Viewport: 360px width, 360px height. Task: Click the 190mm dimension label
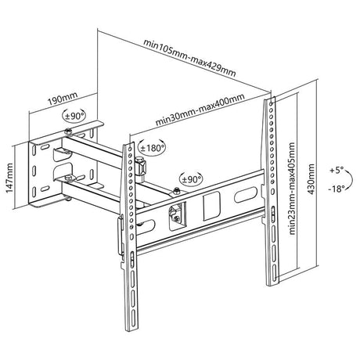point(63,99)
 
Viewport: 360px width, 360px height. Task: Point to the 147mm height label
point(9,178)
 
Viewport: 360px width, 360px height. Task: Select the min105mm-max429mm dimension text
point(189,58)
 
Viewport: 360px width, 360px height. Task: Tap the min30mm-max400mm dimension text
point(200,110)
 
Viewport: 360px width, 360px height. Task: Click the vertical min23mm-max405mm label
point(292,189)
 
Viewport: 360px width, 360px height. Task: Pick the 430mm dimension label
point(311,179)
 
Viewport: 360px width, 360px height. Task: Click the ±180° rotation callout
point(153,148)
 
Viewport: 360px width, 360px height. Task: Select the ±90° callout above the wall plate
point(74,116)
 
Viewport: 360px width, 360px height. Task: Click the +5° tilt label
point(337,171)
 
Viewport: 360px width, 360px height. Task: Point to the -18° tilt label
point(337,189)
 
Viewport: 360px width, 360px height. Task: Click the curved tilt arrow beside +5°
point(351,178)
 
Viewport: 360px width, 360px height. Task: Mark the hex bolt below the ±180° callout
point(141,166)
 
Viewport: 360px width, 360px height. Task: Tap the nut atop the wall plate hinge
point(68,131)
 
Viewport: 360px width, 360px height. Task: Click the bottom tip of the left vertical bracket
point(129,331)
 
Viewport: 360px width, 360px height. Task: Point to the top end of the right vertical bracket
point(271,98)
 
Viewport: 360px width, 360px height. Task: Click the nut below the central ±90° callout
point(177,191)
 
